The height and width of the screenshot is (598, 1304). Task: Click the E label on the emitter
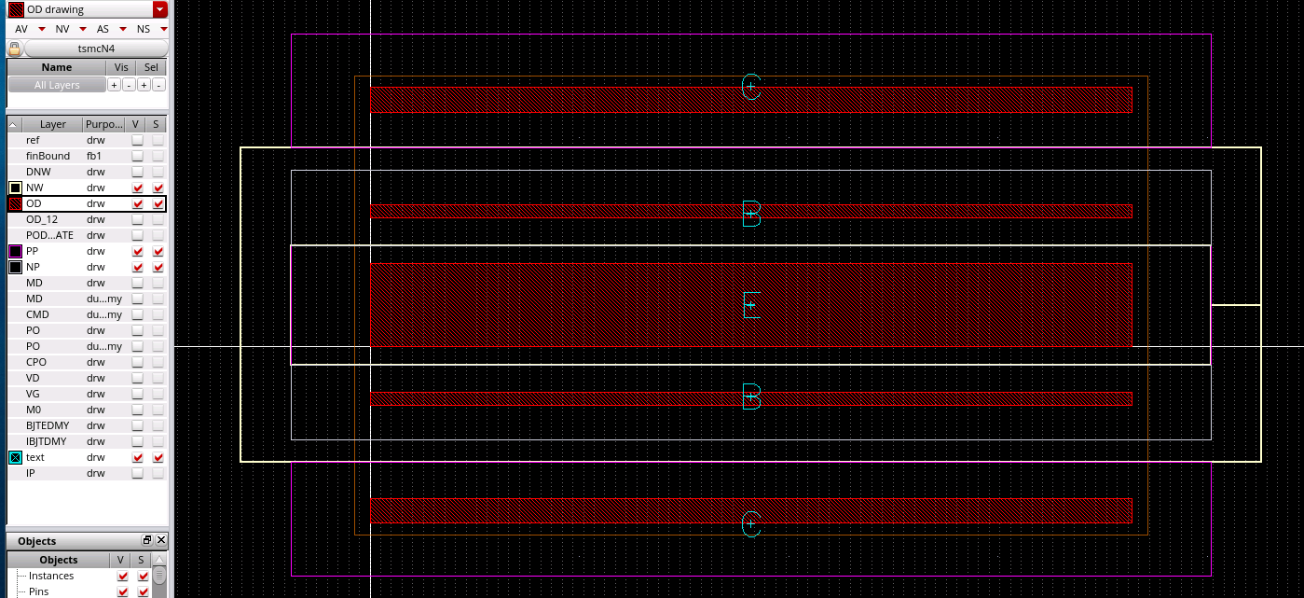[x=751, y=305]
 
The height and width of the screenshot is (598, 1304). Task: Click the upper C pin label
[x=751, y=87]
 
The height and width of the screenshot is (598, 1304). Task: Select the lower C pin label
[x=751, y=524]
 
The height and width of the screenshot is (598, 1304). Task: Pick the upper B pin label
[x=751, y=214]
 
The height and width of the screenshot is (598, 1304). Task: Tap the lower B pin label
[x=751, y=396]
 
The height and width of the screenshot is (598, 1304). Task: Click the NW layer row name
[x=34, y=188]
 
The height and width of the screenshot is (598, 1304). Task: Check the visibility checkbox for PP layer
[x=138, y=251]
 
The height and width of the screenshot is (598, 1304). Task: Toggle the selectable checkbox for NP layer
[x=158, y=267]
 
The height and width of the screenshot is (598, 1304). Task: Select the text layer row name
[x=35, y=457]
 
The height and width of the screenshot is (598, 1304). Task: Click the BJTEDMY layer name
[x=48, y=425]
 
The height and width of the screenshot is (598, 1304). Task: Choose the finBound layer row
[x=48, y=156]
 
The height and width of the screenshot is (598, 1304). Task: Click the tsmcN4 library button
[x=96, y=48]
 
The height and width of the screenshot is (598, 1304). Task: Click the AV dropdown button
[x=42, y=29]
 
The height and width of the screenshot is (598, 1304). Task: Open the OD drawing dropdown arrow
[x=160, y=9]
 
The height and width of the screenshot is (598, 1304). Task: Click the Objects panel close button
[x=161, y=540]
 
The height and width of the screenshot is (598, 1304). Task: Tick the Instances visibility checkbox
[x=122, y=577]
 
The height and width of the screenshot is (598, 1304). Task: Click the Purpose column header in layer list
[x=103, y=124]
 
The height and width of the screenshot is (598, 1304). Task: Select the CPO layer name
[x=36, y=362]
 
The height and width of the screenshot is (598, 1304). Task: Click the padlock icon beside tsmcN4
[x=15, y=49]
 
